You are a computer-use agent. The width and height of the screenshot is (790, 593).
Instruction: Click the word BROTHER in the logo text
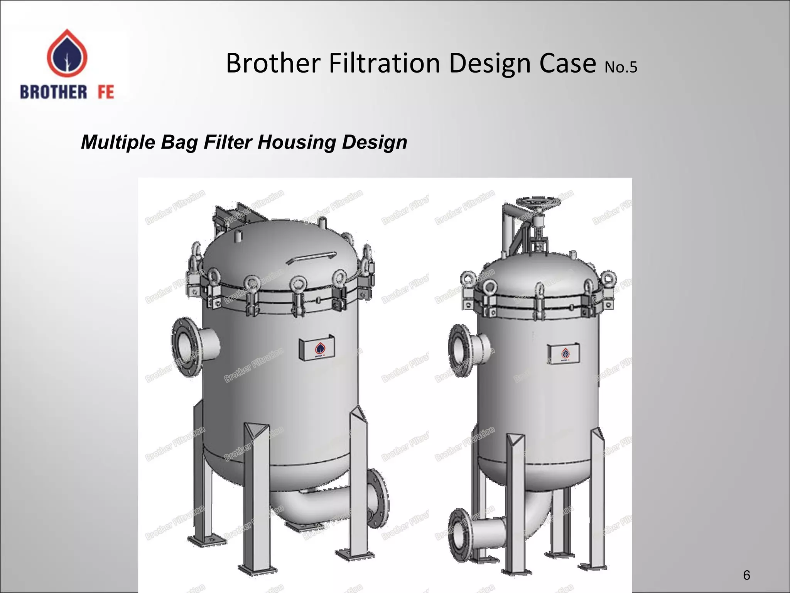[54, 93]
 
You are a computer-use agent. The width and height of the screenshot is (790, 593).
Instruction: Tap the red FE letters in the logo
[106, 93]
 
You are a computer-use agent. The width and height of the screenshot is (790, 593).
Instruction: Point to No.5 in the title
[621, 67]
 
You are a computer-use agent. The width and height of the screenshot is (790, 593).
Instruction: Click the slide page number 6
[746, 575]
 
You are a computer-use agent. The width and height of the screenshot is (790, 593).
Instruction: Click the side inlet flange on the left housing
[186, 346]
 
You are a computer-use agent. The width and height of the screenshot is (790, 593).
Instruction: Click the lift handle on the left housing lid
[312, 257]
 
